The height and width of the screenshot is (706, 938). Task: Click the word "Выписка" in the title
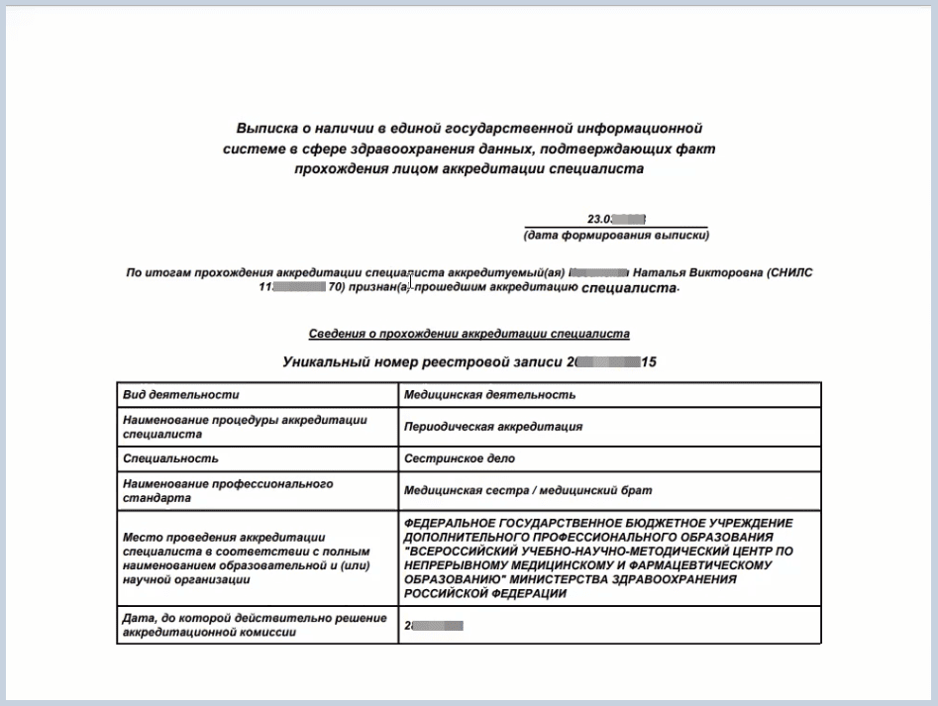pyautogui.click(x=266, y=129)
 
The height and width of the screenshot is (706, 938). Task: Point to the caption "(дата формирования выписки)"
pyautogui.click(x=616, y=236)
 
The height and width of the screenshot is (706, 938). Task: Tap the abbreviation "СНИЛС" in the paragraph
pyautogui.click(x=792, y=272)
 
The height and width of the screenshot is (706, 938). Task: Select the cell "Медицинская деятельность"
pyautogui.click(x=490, y=394)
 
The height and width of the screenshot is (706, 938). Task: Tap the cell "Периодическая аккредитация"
pyautogui.click(x=493, y=427)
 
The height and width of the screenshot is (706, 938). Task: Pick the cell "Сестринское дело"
pyautogui.click(x=460, y=458)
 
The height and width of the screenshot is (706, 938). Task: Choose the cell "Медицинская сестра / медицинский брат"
pyautogui.click(x=528, y=490)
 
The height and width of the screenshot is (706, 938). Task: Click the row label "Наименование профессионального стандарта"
pyautogui.click(x=228, y=491)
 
